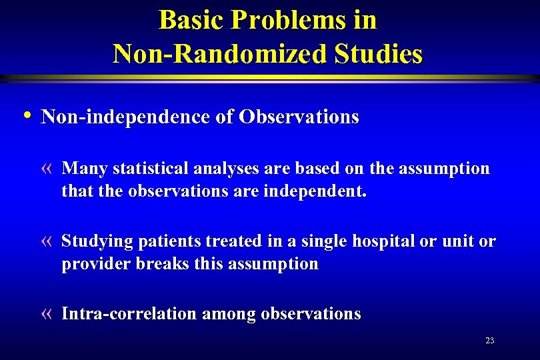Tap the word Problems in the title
275,20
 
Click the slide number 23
489,341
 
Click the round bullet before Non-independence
26,115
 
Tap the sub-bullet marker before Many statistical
47,169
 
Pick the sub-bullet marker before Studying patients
47,241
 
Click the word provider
96,264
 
